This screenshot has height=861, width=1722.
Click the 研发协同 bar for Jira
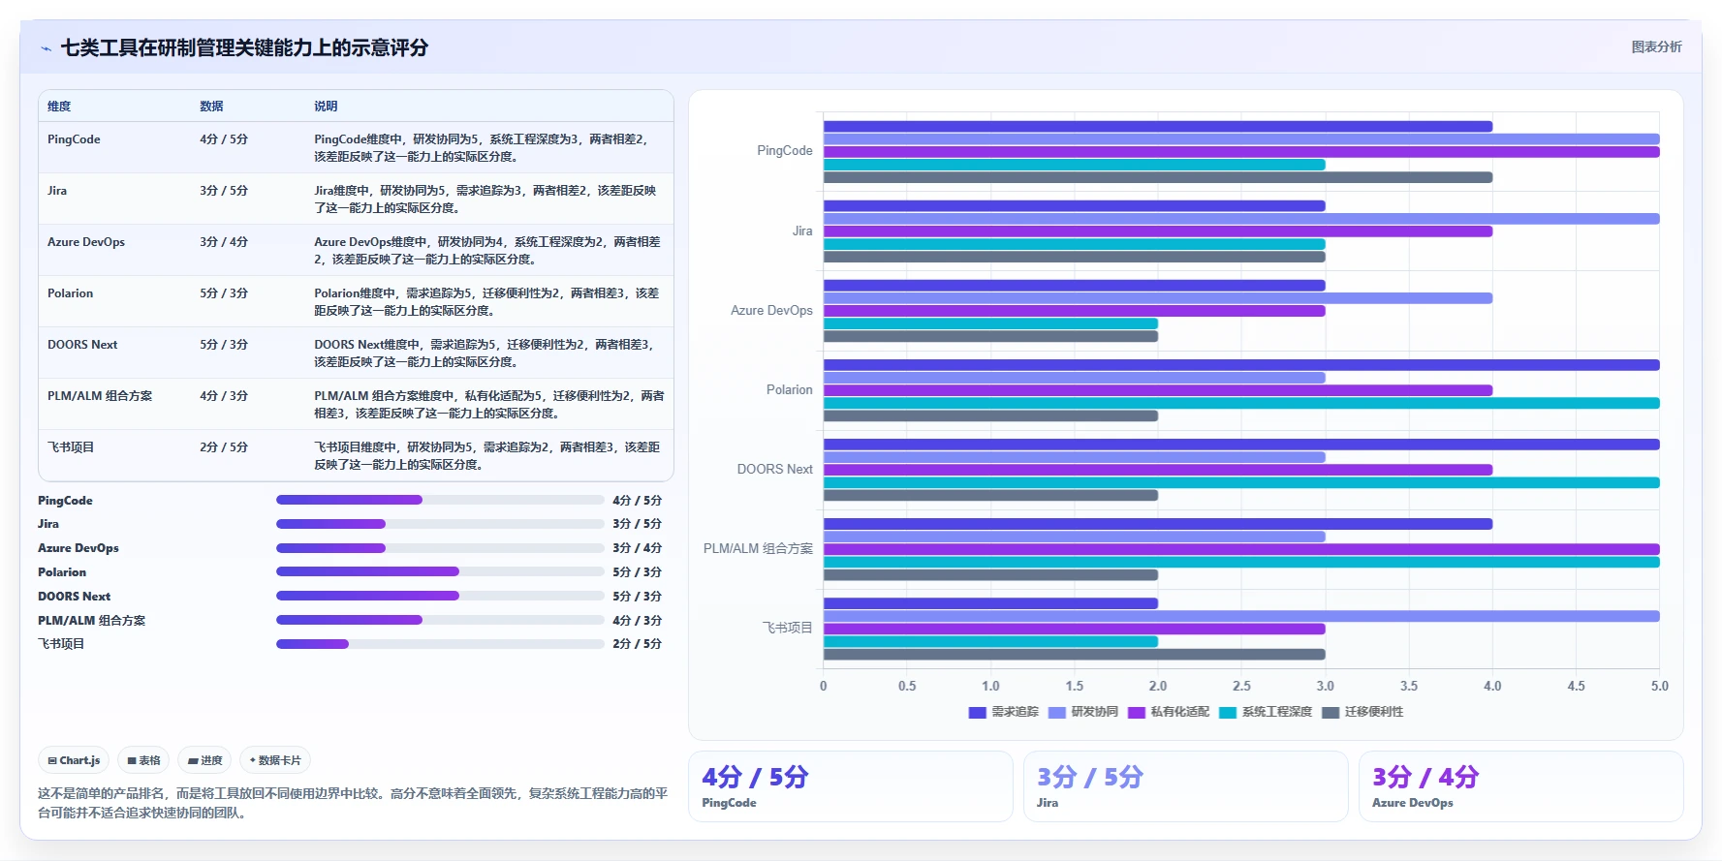tap(1241, 219)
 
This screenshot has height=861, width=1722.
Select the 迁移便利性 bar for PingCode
tap(1158, 177)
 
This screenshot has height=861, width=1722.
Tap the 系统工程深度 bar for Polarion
tap(1241, 403)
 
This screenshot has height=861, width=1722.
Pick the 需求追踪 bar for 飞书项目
tap(990, 603)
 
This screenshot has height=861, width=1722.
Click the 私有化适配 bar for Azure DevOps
tap(1075, 311)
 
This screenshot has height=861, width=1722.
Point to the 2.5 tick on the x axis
tap(1241, 686)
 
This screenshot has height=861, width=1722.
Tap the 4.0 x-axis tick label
tap(1492, 686)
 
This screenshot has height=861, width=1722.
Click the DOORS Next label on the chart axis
tap(774, 470)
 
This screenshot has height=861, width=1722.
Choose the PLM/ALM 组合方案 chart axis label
tap(758, 549)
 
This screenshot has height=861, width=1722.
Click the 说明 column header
tap(326, 107)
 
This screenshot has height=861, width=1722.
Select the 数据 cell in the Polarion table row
tap(224, 293)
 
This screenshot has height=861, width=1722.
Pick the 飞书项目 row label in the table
tap(71, 447)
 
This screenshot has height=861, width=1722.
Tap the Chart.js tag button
tap(74, 760)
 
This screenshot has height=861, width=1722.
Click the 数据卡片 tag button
tap(275, 760)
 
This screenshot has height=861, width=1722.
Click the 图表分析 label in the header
tap(1656, 46)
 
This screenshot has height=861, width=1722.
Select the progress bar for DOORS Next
tap(440, 596)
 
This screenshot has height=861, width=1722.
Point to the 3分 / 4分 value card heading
tap(1425, 777)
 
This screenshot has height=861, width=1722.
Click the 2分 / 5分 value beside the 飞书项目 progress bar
tap(637, 644)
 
